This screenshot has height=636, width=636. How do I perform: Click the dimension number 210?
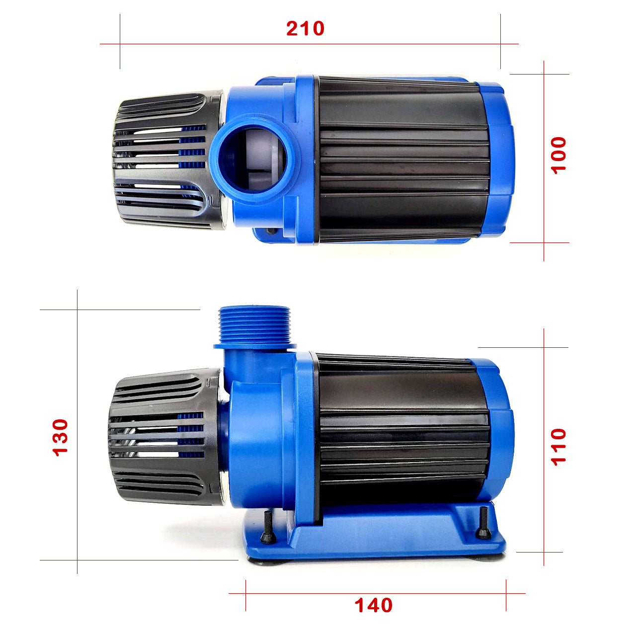point(305,29)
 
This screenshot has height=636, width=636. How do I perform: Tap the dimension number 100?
point(558,155)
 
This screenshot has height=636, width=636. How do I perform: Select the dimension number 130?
point(61,437)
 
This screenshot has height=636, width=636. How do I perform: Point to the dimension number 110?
point(558,447)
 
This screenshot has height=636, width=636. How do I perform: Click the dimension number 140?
point(373,605)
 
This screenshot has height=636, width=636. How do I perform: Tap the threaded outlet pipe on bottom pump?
point(254,324)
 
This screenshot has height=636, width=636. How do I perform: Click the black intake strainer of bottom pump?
point(164,437)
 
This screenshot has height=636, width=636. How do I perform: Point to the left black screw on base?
point(268,528)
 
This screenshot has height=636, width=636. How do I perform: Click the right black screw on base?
point(483,524)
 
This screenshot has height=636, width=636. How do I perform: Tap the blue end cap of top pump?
point(499,159)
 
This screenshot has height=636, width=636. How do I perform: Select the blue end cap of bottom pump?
point(499,432)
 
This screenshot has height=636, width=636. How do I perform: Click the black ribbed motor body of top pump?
point(402,159)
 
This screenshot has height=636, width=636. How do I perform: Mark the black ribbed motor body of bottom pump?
point(402,432)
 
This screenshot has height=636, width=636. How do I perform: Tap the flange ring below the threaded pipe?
point(254,346)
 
